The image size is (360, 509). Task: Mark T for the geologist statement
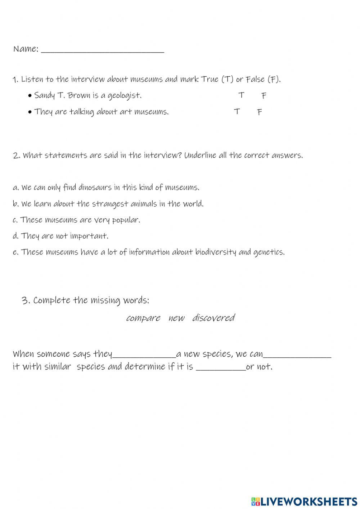tap(241, 95)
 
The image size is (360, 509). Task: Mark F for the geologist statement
tap(264, 96)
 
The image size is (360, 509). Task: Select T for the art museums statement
tap(237, 111)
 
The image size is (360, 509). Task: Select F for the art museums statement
tap(260, 112)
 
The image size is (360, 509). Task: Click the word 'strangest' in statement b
tap(110, 204)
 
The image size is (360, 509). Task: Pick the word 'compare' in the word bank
tap(143, 318)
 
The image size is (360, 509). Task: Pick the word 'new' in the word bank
tap(176, 318)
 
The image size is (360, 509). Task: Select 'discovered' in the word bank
tap(213, 318)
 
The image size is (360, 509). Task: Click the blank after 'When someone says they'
tap(144, 355)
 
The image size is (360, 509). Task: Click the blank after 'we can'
tap(297, 355)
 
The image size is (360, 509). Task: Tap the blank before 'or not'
tap(221, 367)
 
